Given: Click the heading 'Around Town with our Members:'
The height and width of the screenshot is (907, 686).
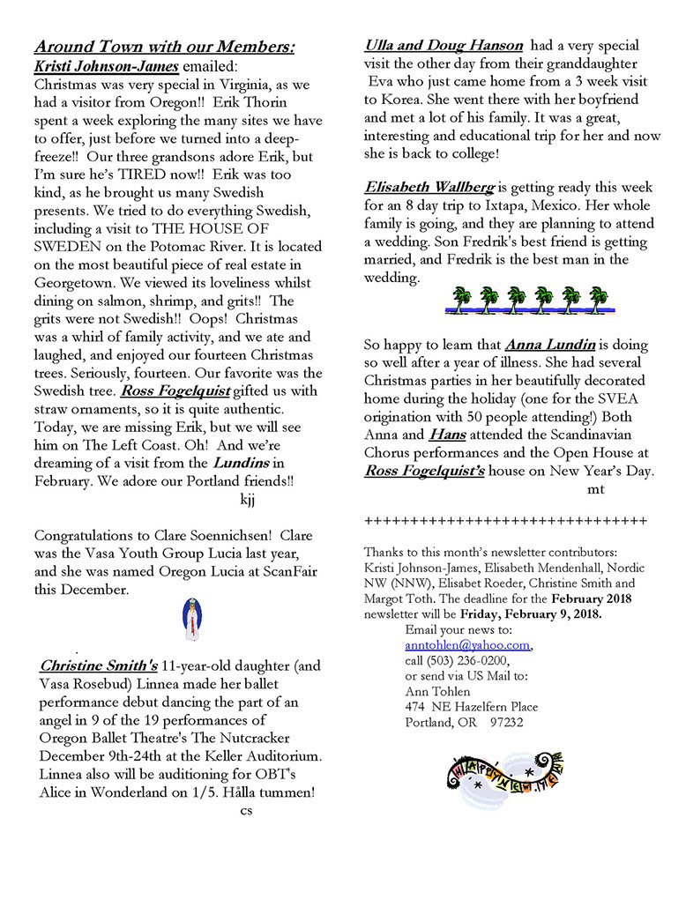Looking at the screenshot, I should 164,47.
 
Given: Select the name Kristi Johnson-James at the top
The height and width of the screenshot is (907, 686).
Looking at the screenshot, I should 106,66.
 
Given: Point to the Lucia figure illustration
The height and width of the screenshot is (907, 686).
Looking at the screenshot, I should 191,619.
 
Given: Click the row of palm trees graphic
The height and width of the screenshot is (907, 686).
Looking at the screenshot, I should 528,301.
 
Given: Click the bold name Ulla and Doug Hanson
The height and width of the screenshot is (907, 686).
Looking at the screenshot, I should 444,45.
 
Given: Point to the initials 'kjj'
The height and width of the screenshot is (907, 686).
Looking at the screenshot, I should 249,500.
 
